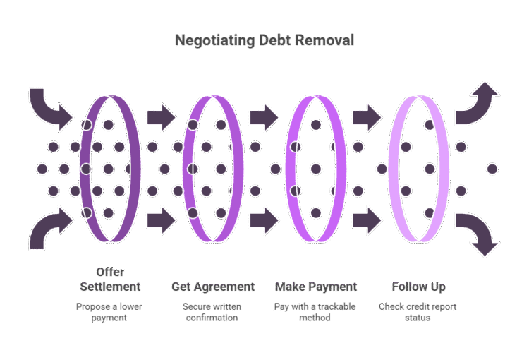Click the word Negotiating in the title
click(215, 40)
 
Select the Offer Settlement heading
click(110, 280)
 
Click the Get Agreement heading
click(213, 287)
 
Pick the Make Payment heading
click(316, 287)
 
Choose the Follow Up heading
click(419, 287)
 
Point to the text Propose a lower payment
click(109, 312)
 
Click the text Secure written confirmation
click(212, 312)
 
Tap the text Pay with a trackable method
click(315, 312)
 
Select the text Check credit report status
click(418, 312)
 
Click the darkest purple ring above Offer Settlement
click(110, 169)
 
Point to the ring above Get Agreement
click(213, 169)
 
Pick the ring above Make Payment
click(316, 169)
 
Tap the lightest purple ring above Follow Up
click(419, 169)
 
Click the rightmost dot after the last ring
click(492, 169)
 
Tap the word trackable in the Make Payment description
click(336, 306)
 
